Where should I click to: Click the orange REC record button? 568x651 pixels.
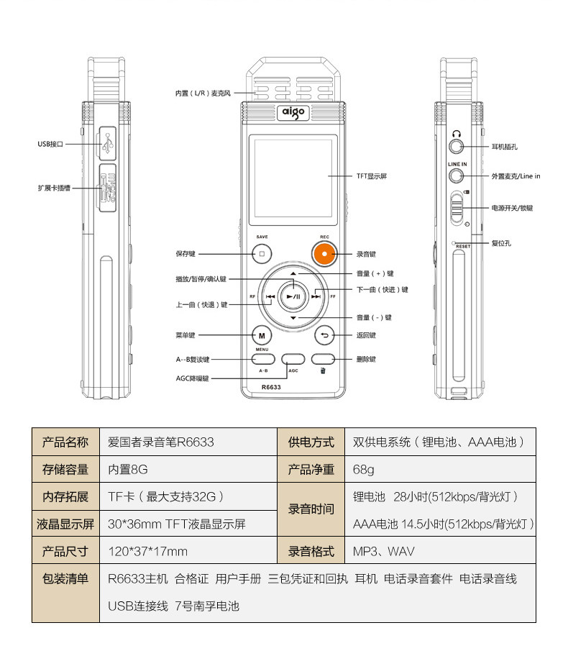tap(324, 254)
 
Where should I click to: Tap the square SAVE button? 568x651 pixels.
tap(262, 254)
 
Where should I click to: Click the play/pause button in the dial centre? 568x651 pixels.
tap(293, 296)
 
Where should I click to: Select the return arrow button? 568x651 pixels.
tap(324, 335)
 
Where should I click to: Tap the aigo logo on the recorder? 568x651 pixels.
tap(293, 112)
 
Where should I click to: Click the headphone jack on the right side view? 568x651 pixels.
tap(456, 146)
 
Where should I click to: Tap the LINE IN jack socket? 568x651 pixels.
tap(455, 176)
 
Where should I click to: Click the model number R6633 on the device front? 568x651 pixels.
tap(271, 388)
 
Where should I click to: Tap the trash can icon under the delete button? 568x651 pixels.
tap(324, 371)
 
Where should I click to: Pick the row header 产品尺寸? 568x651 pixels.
tap(65, 552)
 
